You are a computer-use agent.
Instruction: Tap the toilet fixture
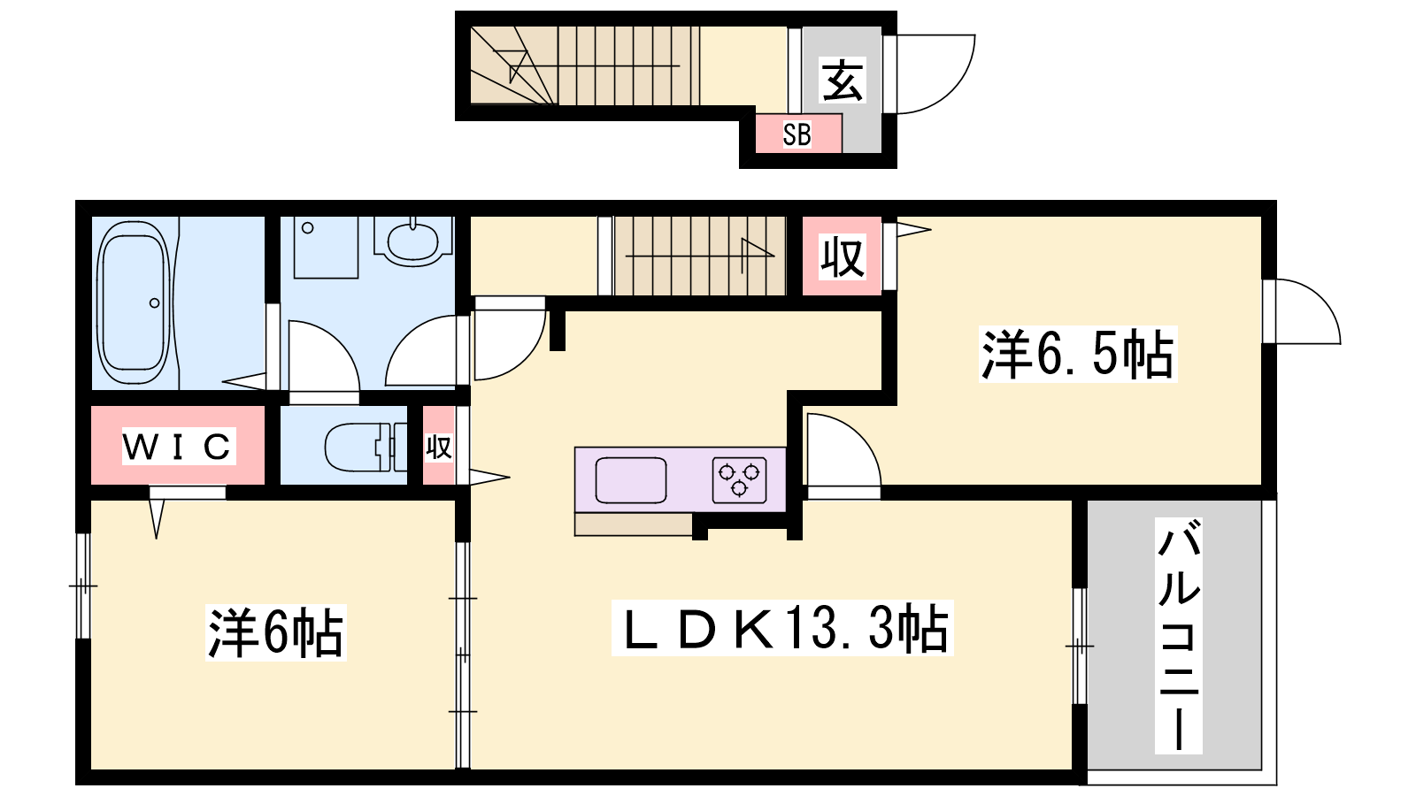coord(366,448)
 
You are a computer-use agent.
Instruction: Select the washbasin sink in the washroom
coord(412,241)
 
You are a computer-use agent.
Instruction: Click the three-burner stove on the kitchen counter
coord(739,480)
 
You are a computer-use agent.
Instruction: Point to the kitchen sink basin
coord(631,480)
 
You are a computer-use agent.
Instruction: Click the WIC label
coord(178,447)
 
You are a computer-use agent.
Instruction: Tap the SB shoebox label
coord(796,134)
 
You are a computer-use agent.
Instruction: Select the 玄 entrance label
coord(842,80)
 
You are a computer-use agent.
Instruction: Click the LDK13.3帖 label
coord(782,628)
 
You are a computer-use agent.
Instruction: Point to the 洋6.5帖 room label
coord(1077,354)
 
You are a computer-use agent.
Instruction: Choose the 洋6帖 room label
coord(275,632)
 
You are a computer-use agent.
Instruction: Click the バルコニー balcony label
coord(1178,636)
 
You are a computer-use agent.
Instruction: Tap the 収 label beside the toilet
coord(439,448)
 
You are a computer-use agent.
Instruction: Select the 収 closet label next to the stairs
coord(842,256)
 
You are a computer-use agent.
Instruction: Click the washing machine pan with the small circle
coord(327,247)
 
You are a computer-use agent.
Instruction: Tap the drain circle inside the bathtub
coord(154,303)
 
